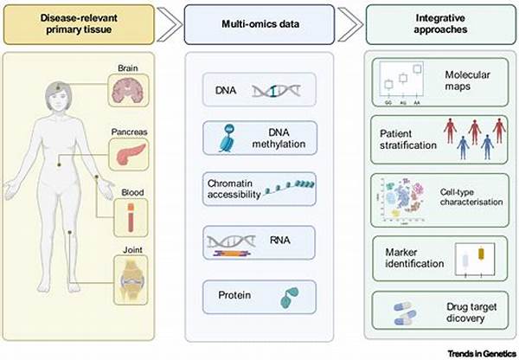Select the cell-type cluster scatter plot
pos(402,196)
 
